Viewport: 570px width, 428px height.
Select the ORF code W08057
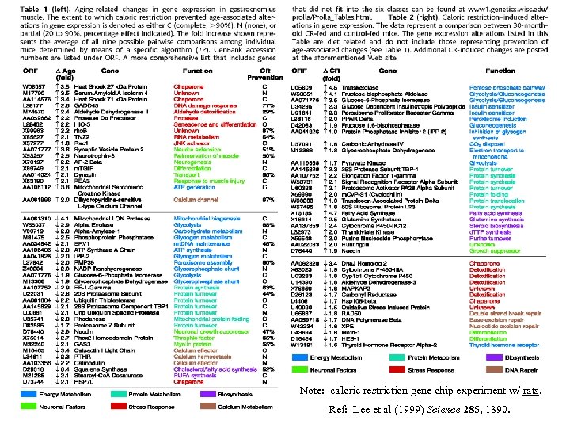(32, 86)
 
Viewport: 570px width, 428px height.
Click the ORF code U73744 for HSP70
(32, 382)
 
